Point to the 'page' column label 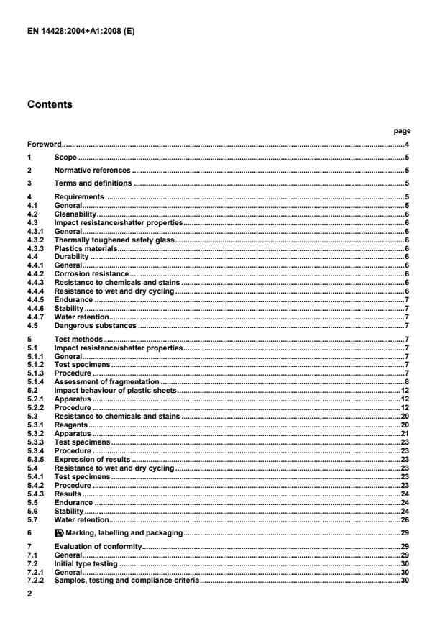pyautogui.click(x=403, y=131)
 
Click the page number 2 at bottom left pyautogui.click(x=29, y=595)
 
